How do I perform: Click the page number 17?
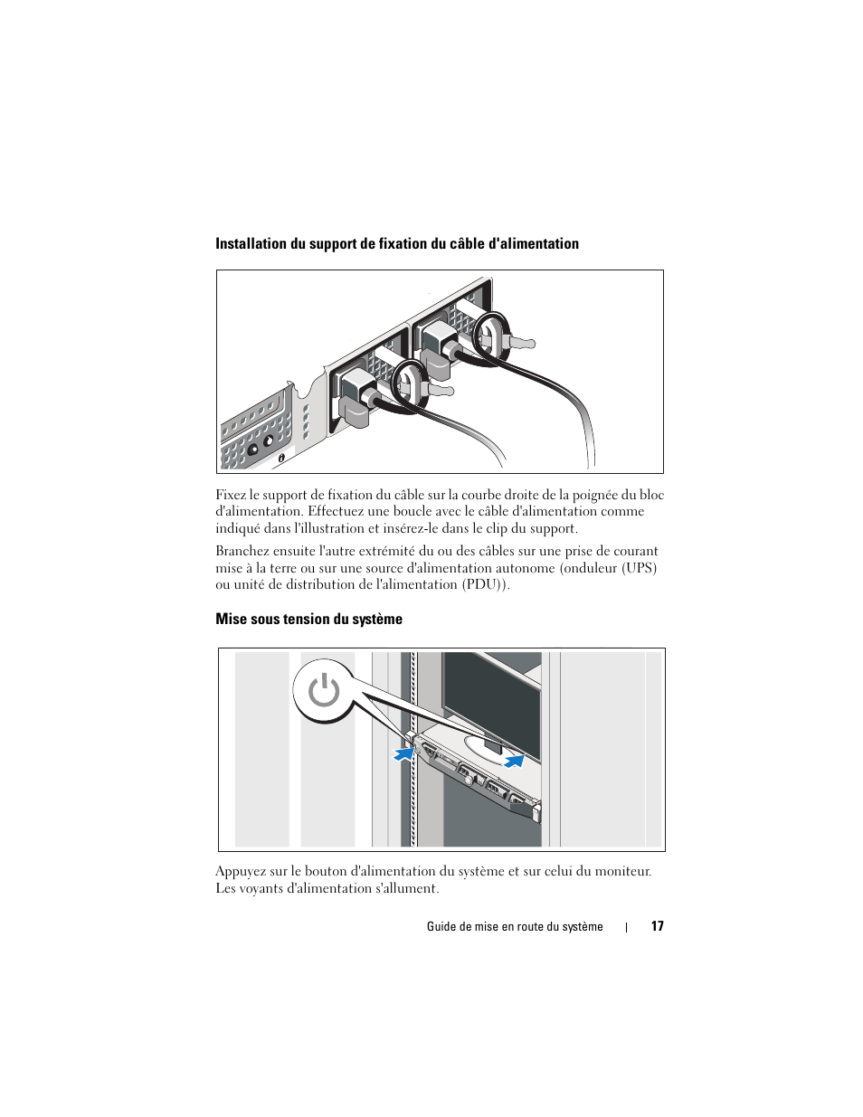coord(658,926)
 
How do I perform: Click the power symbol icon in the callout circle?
coord(323,692)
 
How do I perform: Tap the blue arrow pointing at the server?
coord(403,753)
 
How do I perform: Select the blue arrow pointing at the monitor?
coord(514,761)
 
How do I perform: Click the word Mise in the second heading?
coord(231,620)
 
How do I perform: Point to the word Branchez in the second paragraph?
coord(243,551)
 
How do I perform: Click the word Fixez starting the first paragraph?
coord(231,495)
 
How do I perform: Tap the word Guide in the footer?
coord(441,926)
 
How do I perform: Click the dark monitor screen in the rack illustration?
coord(488,696)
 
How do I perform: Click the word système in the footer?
coord(583,926)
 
